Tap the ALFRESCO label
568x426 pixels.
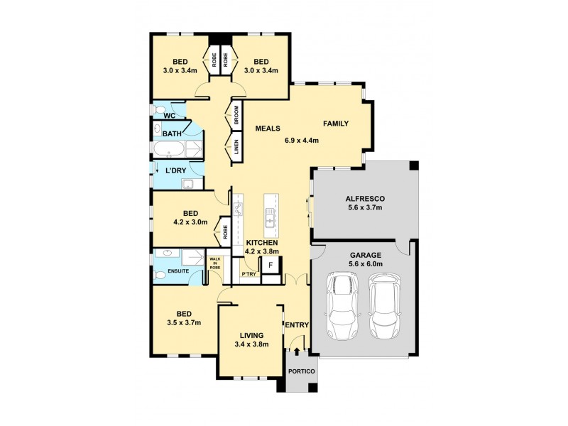coord(364,199)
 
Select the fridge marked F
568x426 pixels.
coord(271,265)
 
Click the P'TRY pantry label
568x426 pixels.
coord(248,273)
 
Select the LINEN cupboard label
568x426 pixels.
coord(236,148)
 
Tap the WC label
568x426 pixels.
coord(169,115)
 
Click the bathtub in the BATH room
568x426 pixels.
coord(169,150)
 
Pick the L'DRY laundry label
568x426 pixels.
coord(176,172)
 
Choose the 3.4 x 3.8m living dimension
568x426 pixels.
coord(252,345)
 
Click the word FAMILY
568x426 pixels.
coord(336,124)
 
